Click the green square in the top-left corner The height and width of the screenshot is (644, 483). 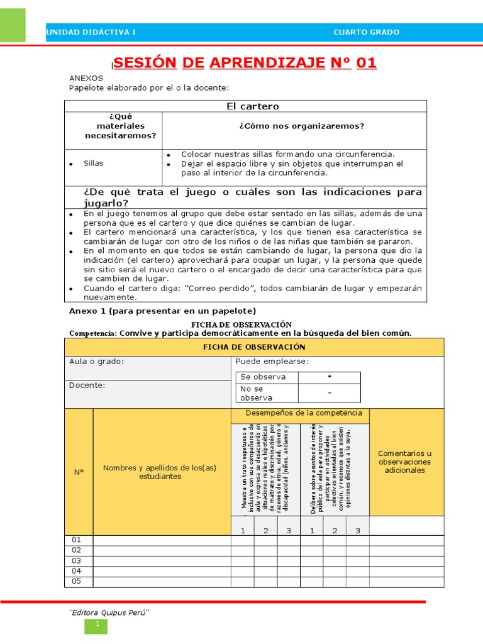[x=13, y=25]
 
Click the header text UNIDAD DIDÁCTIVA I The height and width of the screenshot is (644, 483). [x=91, y=33]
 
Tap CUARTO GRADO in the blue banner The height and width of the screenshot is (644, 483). [x=366, y=33]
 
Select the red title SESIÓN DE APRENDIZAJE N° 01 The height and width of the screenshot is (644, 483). [x=245, y=63]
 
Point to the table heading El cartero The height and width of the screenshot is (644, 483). [x=252, y=106]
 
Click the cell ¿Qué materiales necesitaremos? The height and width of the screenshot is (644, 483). [x=113, y=126]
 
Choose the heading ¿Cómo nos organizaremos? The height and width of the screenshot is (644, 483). [x=301, y=126]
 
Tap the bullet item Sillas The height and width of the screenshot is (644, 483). [x=93, y=164]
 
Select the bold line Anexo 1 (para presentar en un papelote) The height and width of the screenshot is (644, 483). [x=162, y=311]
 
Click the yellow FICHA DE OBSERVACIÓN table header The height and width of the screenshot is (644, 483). [x=254, y=347]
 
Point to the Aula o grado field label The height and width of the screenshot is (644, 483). [x=96, y=362]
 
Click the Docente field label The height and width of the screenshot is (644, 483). [x=87, y=385]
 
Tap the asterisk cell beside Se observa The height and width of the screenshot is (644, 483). [x=329, y=377]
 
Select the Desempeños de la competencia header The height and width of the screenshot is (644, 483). [x=299, y=413]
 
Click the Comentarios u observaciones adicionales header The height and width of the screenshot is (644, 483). [x=404, y=462]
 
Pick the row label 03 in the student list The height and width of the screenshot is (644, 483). [x=77, y=560]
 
